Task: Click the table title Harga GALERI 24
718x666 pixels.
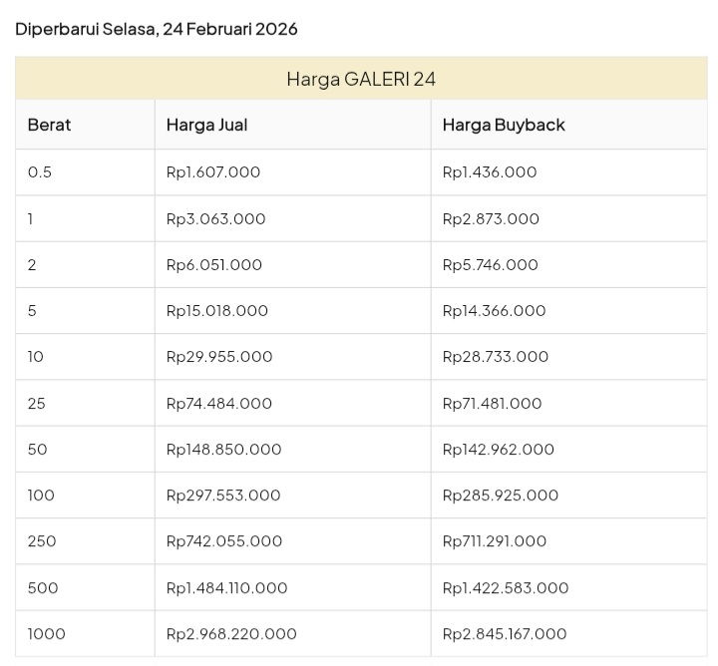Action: tap(361, 79)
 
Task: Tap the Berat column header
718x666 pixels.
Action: tap(49, 125)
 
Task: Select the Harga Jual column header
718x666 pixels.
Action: tap(206, 125)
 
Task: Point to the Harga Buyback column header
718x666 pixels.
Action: tap(504, 125)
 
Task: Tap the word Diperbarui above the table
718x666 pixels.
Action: tap(56, 29)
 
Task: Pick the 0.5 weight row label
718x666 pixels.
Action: tap(40, 172)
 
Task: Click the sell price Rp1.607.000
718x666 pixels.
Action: tap(213, 172)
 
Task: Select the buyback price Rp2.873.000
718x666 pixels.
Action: tap(491, 218)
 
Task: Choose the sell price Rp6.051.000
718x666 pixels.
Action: tap(214, 265)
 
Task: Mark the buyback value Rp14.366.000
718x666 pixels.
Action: tap(494, 311)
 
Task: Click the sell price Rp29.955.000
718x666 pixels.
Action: tap(219, 357)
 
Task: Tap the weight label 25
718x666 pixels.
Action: tap(37, 404)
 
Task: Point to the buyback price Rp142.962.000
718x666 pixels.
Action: tap(498, 450)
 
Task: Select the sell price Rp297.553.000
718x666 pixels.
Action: tap(223, 496)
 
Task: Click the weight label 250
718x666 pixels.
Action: tap(42, 541)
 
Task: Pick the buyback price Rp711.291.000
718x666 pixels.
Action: tap(495, 541)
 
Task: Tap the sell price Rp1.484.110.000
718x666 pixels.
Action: tap(226, 588)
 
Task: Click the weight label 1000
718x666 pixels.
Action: tap(47, 634)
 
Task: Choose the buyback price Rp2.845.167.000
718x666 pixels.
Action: tap(505, 634)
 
